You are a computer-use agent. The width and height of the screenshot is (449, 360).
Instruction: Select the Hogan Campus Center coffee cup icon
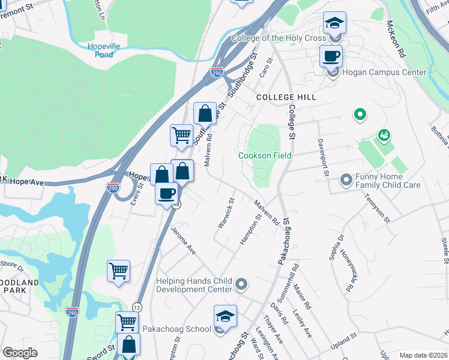tap(331, 56)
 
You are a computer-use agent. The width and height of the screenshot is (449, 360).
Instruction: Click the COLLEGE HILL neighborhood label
tap(286, 97)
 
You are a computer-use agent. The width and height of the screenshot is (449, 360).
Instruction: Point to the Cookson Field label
tap(265, 155)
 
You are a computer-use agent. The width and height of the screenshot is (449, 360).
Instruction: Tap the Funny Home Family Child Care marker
tap(346, 179)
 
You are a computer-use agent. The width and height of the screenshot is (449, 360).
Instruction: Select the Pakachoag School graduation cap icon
tap(225, 316)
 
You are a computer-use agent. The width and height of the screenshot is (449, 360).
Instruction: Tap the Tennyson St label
tap(376, 207)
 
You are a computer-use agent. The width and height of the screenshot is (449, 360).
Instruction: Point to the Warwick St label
tap(226, 213)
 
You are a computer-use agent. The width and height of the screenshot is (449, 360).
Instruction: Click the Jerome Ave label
tap(182, 240)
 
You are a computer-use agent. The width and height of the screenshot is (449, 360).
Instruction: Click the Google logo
tap(20, 353)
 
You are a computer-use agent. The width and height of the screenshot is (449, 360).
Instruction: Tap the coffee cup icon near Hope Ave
tap(166, 194)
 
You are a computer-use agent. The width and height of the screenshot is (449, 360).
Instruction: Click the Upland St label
tap(347, 344)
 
